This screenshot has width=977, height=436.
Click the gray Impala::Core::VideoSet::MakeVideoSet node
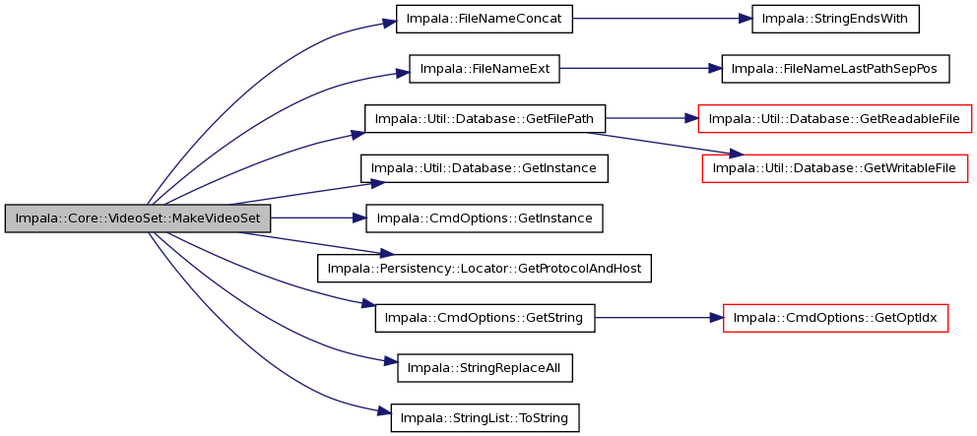coord(138,218)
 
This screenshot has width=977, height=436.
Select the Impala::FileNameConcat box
coord(485,19)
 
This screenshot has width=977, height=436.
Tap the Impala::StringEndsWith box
coord(835,19)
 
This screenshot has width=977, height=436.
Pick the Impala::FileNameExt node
coord(485,69)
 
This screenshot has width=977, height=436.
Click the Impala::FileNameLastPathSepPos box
coord(835,69)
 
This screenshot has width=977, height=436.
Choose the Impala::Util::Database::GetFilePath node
coord(485,118)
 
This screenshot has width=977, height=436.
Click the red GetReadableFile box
coord(835,118)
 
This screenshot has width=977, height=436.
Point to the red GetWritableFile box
coord(835,168)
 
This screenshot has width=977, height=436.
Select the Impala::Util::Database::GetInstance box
coord(485,168)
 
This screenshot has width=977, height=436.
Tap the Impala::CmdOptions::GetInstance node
coord(485,218)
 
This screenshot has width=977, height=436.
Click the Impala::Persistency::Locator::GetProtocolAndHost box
coord(485,268)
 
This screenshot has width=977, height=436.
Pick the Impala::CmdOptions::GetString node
coord(485,318)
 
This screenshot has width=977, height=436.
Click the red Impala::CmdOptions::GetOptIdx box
coord(835,318)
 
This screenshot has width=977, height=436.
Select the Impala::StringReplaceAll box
coord(485,367)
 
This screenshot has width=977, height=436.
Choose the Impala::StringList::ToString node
coord(485,417)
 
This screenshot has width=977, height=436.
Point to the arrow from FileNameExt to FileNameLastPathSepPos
coord(640,69)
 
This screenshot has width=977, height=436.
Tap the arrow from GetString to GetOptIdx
coord(659,318)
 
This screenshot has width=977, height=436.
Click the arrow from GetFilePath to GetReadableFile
coord(651,118)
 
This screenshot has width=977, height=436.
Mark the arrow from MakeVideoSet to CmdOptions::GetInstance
coord(318,218)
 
